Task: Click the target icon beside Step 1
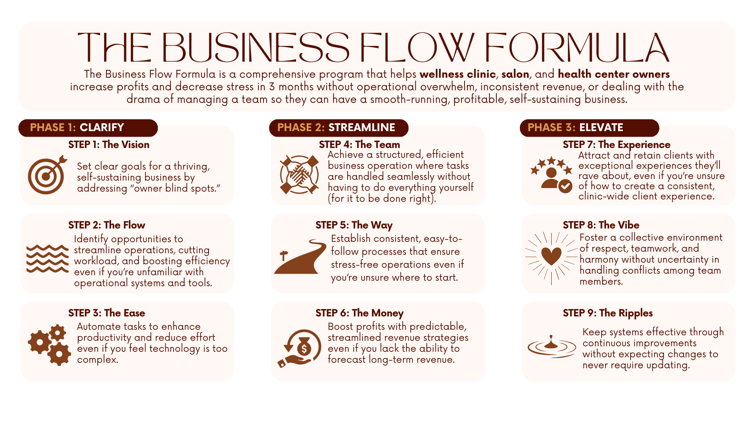pos(46,175)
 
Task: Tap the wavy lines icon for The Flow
pos(48,259)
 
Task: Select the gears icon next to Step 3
pos(49,345)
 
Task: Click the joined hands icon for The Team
pos(299,175)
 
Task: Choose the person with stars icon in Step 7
pos(551,174)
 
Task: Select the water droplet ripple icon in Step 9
pos(551,346)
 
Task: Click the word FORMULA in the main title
pos(576,48)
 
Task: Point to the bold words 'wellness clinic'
pos(458,74)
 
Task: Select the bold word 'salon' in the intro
pos(515,74)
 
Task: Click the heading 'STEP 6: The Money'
pos(359,313)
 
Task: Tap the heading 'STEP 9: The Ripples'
pos(608,313)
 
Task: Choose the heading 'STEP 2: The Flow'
pos(107,225)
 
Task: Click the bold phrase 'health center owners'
pos(614,74)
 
